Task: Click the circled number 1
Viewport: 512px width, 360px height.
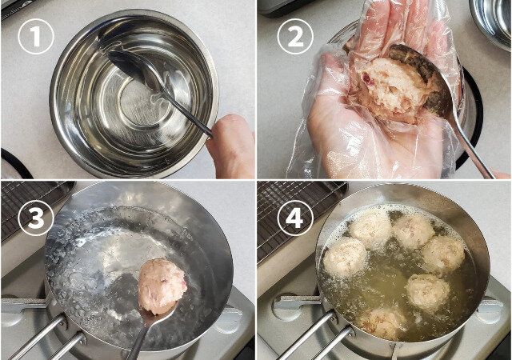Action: click(35, 36)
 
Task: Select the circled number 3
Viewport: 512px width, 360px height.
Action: click(35, 217)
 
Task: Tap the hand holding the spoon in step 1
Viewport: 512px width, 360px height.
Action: click(233, 144)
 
